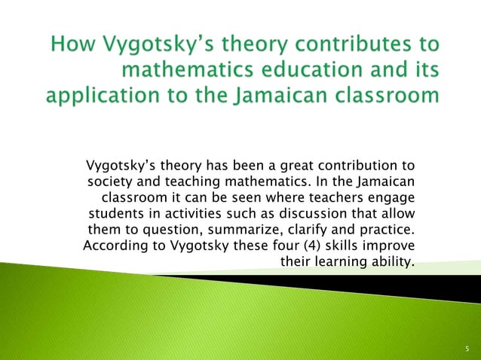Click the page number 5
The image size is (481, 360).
click(x=467, y=349)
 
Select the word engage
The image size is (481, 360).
click(x=389, y=198)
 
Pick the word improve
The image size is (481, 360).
click(x=391, y=246)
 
